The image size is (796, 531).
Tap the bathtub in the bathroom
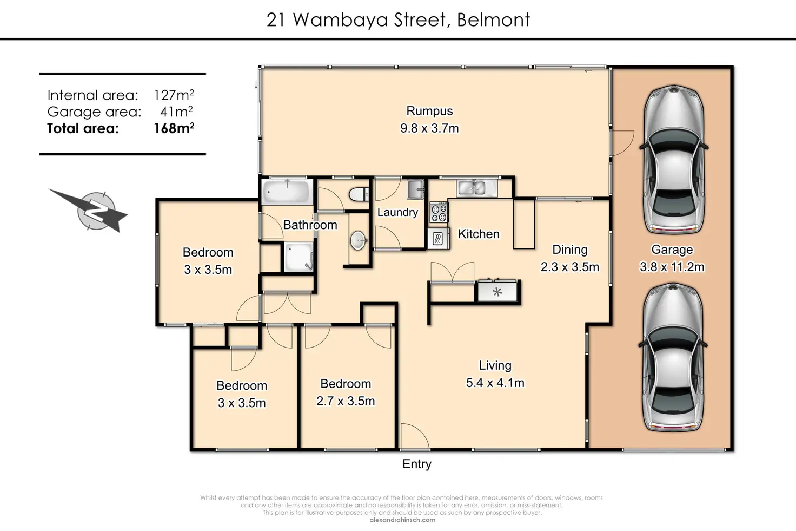point(287,192)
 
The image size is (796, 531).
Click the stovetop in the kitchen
point(439,212)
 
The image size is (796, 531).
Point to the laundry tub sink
point(416,189)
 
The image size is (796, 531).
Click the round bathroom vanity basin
point(358,240)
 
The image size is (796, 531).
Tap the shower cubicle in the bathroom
point(299,257)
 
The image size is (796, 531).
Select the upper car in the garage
point(674,159)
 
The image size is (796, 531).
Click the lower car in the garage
point(673,357)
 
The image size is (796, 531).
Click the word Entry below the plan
point(417,464)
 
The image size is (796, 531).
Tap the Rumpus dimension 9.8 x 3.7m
point(429,128)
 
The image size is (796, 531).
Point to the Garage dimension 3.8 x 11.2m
point(672,267)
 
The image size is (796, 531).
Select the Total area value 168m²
point(174,128)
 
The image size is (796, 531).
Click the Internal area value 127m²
point(174,95)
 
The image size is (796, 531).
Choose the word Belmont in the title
point(494,19)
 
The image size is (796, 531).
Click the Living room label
point(495,365)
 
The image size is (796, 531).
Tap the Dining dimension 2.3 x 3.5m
point(570,267)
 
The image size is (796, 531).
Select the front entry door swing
point(415,437)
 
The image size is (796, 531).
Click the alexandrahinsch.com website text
point(403,520)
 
